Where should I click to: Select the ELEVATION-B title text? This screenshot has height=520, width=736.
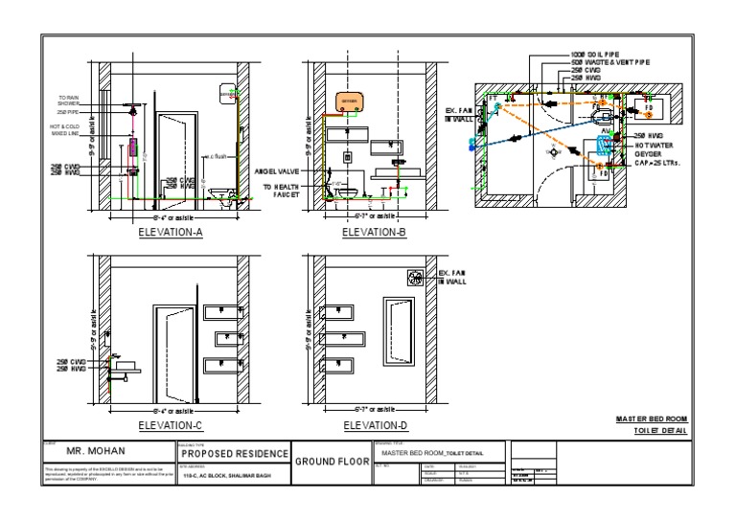coord(374,232)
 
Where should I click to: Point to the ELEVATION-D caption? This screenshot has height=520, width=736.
coord(374,424)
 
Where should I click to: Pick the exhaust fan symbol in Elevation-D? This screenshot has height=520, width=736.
coord(417,278)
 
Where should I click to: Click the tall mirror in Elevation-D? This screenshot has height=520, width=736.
coord(398,331)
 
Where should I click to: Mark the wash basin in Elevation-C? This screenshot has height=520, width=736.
coord(126,367)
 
